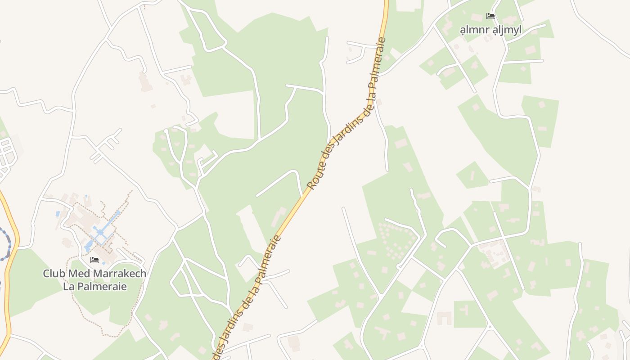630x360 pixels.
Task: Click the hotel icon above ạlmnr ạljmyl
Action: pyautogui.click(x=490, y=17)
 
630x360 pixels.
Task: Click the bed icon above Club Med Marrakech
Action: pyautogui.click(x=94, y=260)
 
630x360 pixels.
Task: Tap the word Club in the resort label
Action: pyautogui.click(x=52, y=273)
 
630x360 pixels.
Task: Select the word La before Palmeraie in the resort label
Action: pyautogui.click(x=68, y=286)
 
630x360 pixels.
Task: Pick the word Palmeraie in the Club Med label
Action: pyautogui.click(x=101, y=286)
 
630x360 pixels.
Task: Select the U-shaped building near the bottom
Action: pyautogui.click(x=444, y=318)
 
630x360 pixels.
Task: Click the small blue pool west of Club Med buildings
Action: pyautogui.click(x=58, y=214)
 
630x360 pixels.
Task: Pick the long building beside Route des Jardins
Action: pyautogui.click(x=278, y=217)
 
